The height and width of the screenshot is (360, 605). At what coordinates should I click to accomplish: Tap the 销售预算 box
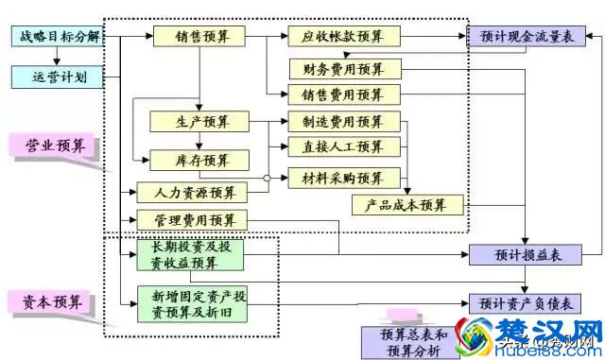[198, 37]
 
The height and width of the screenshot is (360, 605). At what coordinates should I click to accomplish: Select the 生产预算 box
[198, 122]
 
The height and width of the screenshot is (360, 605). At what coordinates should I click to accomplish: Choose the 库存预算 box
[198, 161]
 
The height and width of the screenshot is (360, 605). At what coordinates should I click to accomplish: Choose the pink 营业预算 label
[56, 146]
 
